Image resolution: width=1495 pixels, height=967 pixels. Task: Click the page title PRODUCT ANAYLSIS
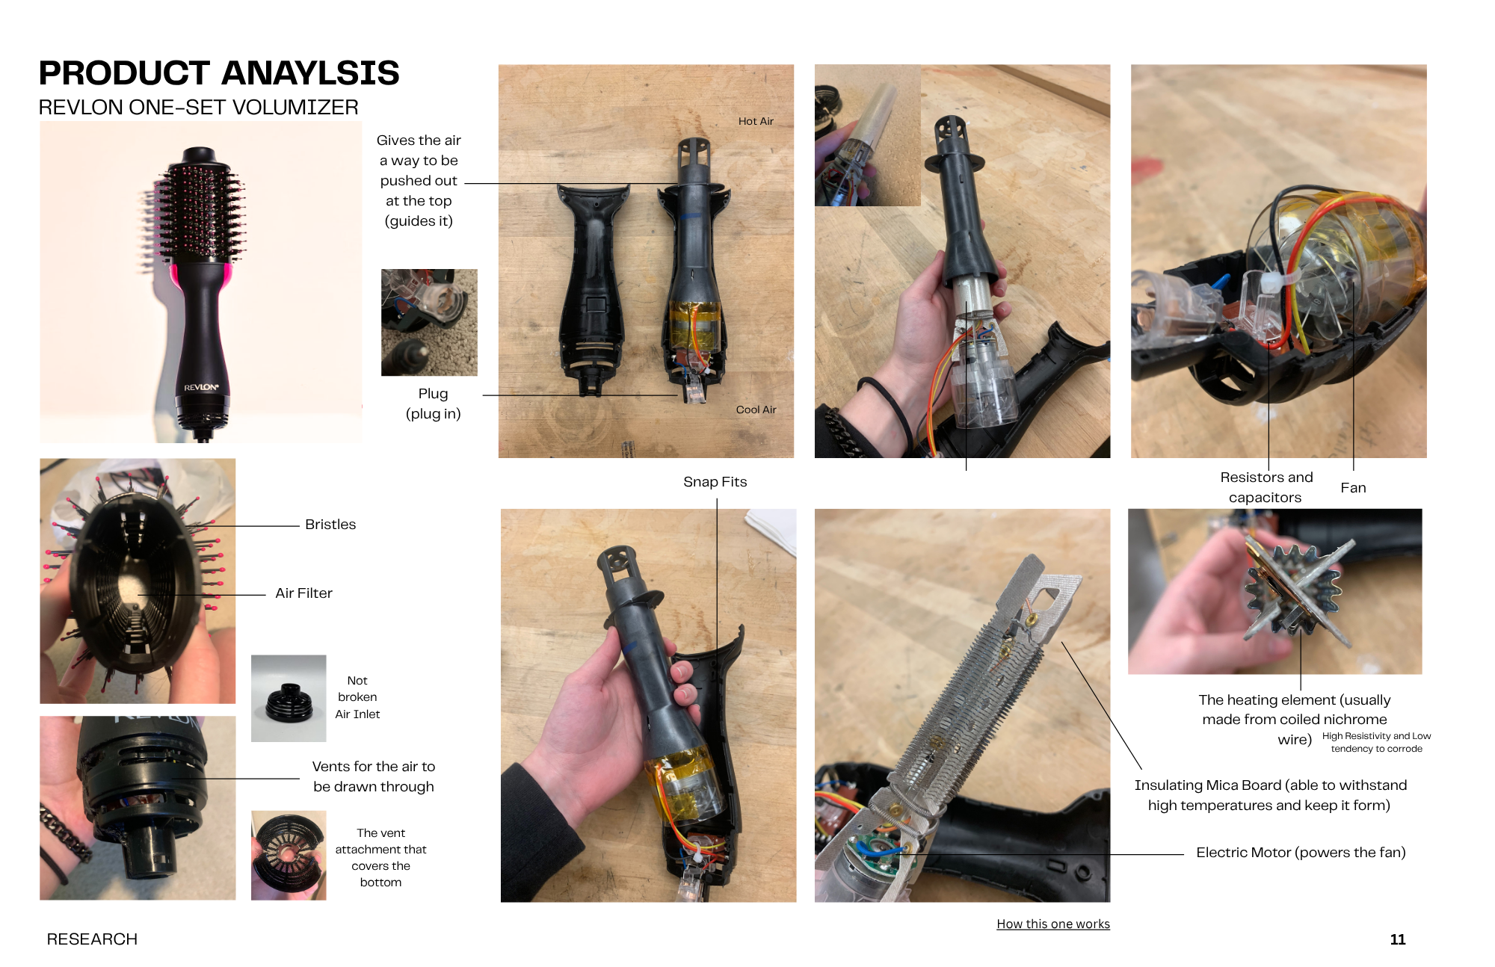[x=219, y=73]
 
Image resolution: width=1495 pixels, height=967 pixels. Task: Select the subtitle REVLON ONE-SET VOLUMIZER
[x=199, y=108]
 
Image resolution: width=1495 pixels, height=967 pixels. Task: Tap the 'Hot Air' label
[x=756, y=121]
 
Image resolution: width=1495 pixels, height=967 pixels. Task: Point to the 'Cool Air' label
[x=756, y=410]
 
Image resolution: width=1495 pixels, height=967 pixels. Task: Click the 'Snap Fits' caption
[x=715, y=482]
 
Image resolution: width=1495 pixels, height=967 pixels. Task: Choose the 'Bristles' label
[x=330, y=525]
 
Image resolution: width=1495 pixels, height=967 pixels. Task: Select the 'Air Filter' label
[x=303, y=593]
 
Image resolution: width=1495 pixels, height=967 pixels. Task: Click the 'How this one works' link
[x=1053, y=924]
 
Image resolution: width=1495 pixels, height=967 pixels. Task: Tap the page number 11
[x=1398, y=939]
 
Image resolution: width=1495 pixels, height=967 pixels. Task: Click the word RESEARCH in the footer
[x=92, y=939]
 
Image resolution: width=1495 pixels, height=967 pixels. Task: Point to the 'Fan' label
[x=1353, y=488]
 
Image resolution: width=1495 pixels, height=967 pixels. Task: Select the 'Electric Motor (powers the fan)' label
[x=1301, y=853]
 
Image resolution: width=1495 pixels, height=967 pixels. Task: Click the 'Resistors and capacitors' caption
[x=1266, y=487]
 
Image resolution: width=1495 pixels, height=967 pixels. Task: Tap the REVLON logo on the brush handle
[x=202, y=387]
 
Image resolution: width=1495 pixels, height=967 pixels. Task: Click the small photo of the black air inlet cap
[x=289, y=699]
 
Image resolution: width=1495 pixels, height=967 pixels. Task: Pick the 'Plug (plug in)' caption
[x=433, y=404]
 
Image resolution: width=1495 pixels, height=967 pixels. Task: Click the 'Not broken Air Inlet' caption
[x=357, y=697]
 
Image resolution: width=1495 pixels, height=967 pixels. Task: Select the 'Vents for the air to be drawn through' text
[x=374, y=776]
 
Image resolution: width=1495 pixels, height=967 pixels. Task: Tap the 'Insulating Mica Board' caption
[x=1270, y=795]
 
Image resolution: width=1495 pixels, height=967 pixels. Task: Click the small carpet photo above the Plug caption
[x=429, y=323]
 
